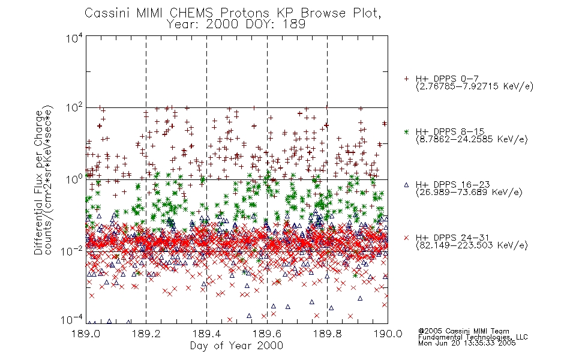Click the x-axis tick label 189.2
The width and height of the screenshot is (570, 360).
[x=146, y=334]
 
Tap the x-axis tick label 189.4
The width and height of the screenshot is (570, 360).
[x=206, y=334]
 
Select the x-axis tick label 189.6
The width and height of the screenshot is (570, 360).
[x=267, y=334]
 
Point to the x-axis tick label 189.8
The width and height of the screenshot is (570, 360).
[x=327, y=334]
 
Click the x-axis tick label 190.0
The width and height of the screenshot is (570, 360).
[x=388, y=334]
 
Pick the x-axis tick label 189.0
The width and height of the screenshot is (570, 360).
[x=86, y=334]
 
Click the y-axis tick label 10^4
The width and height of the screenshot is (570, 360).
[x=74, y=38]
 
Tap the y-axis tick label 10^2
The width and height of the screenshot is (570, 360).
[x=74, y=109]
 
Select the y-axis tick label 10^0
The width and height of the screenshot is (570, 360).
[x=74, y=179]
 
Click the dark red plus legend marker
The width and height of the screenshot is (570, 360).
[x=406, y=79]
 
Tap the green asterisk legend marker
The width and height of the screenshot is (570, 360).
[x=406, y=131]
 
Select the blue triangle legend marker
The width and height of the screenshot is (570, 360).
[x=406, y=185]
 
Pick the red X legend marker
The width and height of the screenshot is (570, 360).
[x=406, y=238]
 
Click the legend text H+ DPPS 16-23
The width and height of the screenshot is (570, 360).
[x=452, y=185]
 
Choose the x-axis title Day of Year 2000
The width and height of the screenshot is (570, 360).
[x=236, y=346]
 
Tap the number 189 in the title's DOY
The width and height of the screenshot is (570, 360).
[x=295, y=25]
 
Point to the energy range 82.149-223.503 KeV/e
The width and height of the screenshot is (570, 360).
[x=472, y=245]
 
